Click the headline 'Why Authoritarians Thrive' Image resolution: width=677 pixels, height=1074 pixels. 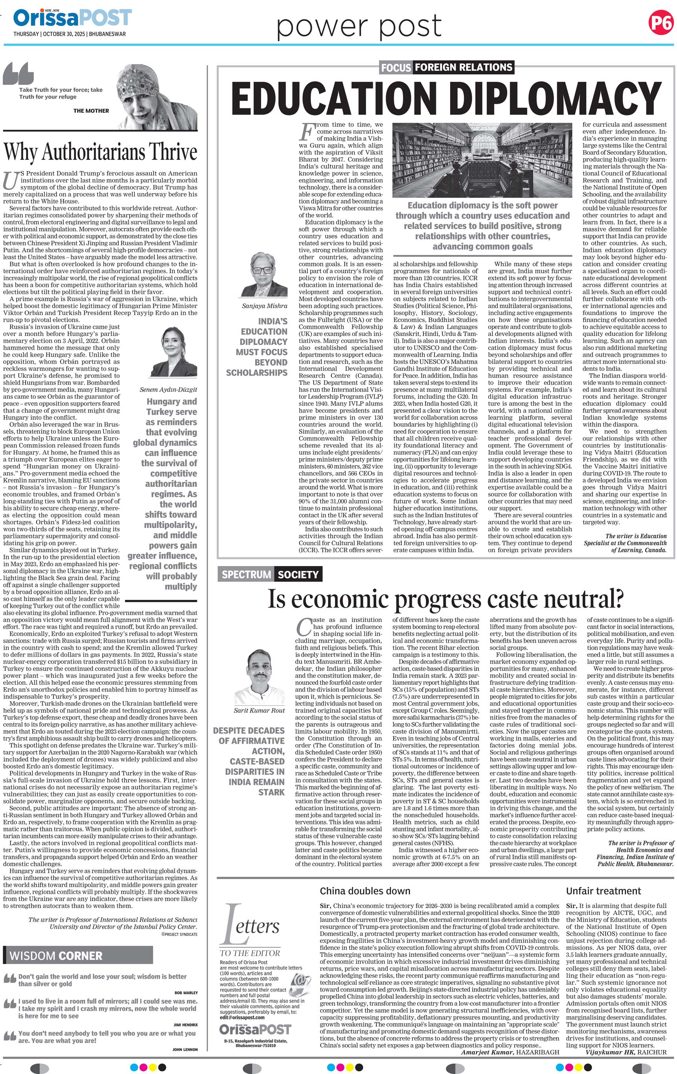[x=100, y=152]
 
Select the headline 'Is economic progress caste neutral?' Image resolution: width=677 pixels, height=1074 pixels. [x=445, y=599]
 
